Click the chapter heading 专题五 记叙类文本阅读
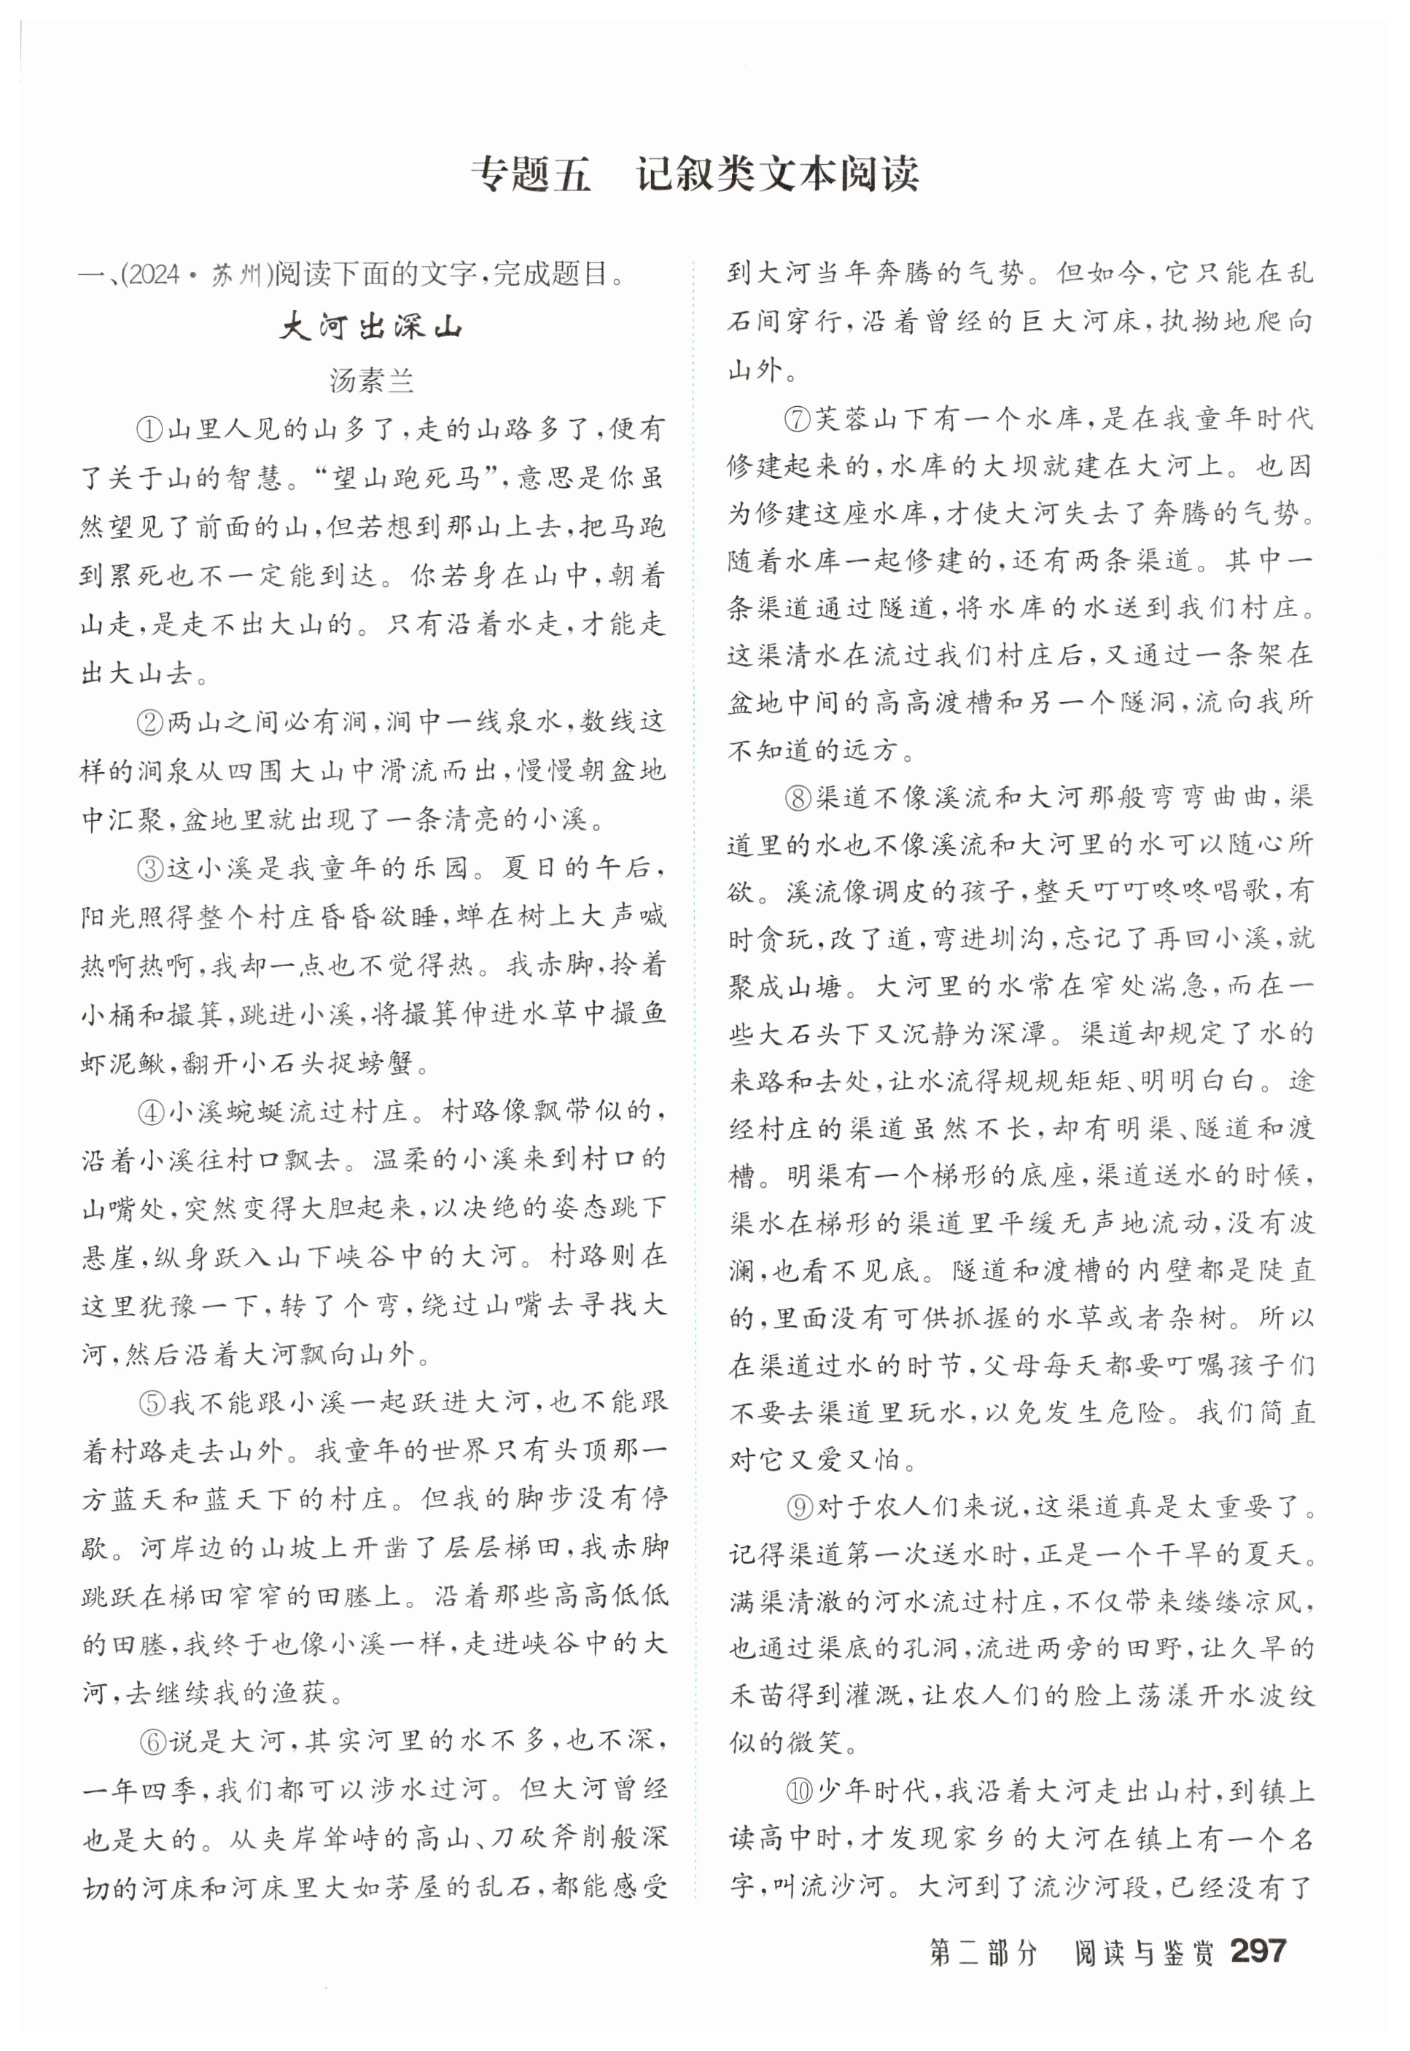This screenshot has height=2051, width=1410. [694, 174]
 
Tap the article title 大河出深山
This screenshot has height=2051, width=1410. [371, 327]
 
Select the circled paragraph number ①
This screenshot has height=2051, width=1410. [149, 430]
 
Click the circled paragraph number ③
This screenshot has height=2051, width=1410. [149, 869]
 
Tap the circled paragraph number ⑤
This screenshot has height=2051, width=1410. [151, 1403]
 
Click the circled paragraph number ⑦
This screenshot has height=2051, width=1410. [797, 419]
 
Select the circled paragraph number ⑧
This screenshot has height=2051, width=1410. [797, 798]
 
